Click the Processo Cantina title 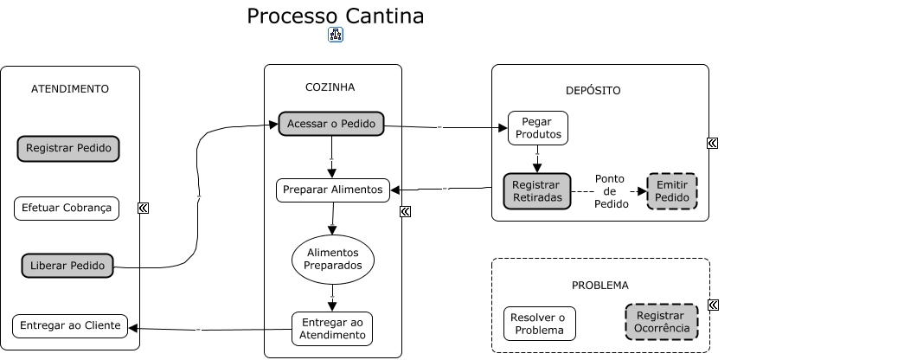336,16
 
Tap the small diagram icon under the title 336,35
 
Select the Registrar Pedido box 68,148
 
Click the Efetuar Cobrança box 67,209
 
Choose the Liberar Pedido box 67,266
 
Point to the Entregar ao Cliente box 70,326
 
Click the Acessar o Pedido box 330,124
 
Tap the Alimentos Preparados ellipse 333,259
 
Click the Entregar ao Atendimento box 332,329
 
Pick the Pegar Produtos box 537,128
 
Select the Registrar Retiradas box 537,191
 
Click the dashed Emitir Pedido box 672,191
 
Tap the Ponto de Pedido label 610,191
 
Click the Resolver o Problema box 539,324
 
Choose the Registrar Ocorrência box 662,322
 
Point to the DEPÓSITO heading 593,90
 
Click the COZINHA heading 330,87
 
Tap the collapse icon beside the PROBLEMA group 713,305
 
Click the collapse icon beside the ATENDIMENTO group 143,208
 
